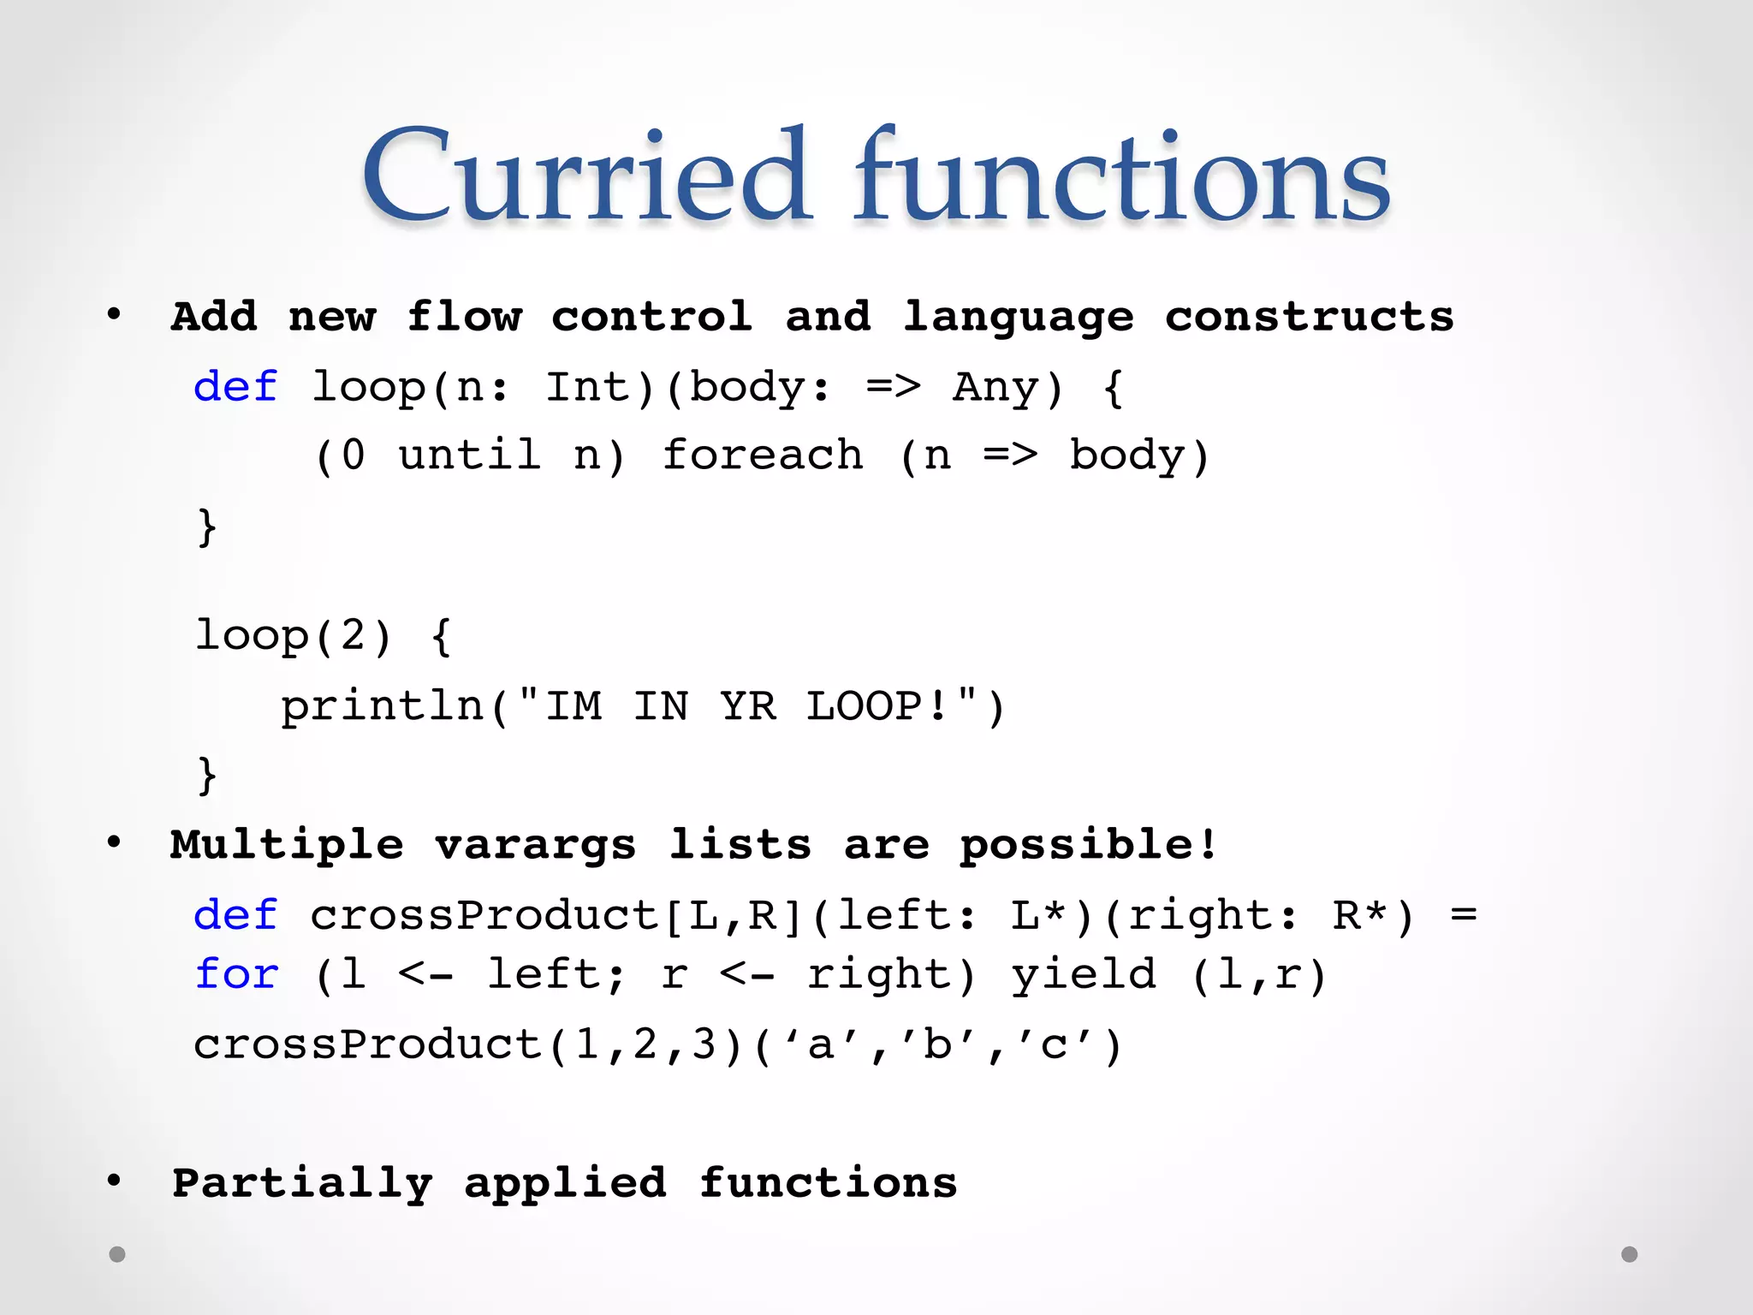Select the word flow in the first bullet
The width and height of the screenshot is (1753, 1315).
[x=463, y=317]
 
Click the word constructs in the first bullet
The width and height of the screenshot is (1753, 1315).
[x=1309, y=317]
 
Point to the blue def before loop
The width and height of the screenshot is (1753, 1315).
[x=235, y=387]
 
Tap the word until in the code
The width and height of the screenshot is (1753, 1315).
[x=469, y=455]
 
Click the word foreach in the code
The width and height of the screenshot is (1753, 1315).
[x=763, y=455]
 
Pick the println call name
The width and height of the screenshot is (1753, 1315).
[x=383, y=706]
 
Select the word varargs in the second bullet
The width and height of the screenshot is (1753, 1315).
[x=536, y=845]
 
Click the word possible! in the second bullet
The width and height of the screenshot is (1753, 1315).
[x=1088, y=845]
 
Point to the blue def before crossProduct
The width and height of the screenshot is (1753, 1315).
[x=235, y=915]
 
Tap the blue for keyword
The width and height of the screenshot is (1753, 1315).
[x=236, y=974]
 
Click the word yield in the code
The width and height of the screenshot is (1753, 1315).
[x=1084, y=974]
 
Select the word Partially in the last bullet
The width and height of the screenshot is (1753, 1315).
[x=302, y=1183]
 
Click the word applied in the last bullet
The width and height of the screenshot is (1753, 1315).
[x=565, y=1183]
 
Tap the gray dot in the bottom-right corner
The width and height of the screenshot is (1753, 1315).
[x=1630, y=1254]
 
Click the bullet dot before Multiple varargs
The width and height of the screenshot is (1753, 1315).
[x=114, y=843]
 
